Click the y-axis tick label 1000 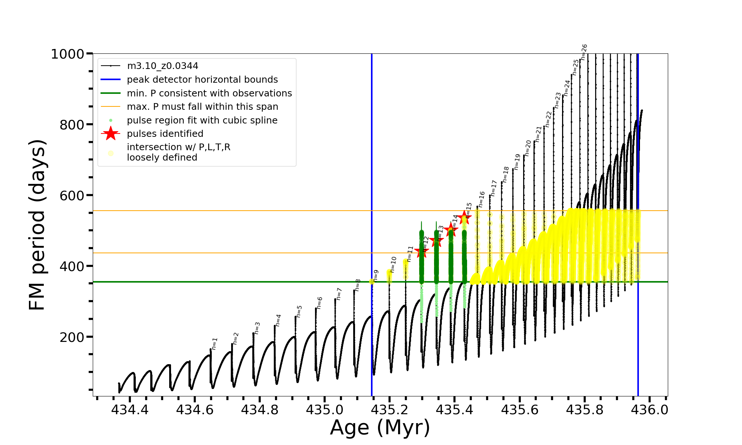pyautogui.click(x=68, y=54)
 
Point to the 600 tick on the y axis pyautogui.click(x=72, y=195)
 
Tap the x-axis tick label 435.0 pyautogui.click(x=324, y=410)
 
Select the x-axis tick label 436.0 pyautogui.click(x=650, y=410)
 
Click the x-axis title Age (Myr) pyautogui.click(x=380, y=428)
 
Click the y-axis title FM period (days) pyautogui.click(x=37, y=225)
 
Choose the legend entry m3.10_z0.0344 pyautogui.click(x=162, y=66)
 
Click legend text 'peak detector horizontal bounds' pyautogui.click(x=202, y=80)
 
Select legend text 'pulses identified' pyautogui.click(x=165, y=134)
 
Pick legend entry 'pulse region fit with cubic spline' pyautogui.click(x=202, y=121)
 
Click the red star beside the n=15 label pyautogui.click(x=464, y=218)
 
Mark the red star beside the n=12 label pyautogui.click(x=421, y=252)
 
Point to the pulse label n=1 pyautogui.click(x=214, y=344)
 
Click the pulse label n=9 pyautogui.click(x=376, y=276)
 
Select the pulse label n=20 pyautogui.click(x=528, y=148)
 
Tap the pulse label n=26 pyautogui.click(x=584, y=52)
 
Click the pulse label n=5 pyautogui.click(x=299, y=311)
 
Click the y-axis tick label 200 pyautogui.click(x=72, y=337)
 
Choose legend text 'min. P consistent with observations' pyautogui.click(x=209, y=93)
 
